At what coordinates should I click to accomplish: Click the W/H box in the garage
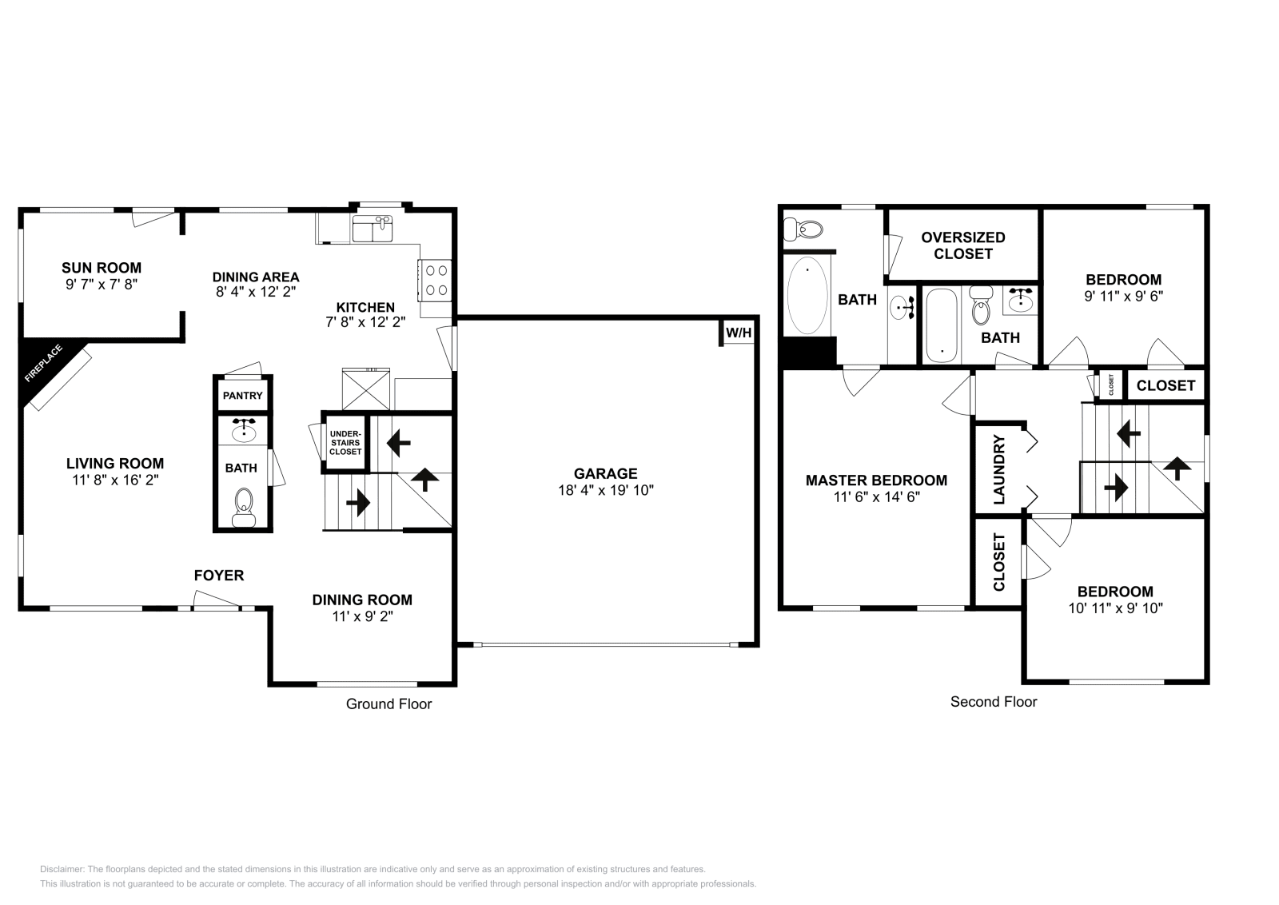point(738,333)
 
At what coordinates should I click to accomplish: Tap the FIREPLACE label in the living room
point(43,364)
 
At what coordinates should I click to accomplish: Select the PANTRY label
point(242,396)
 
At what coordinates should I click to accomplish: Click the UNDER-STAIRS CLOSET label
point(345,442)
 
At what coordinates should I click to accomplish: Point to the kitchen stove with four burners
point(436,280)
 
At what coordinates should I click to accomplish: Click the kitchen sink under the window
point(373,228)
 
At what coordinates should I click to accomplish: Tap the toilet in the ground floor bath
point(243,506)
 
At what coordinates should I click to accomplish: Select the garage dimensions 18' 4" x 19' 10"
point(605,491)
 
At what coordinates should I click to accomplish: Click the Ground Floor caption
point(388,704)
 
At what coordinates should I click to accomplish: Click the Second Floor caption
point(993,702)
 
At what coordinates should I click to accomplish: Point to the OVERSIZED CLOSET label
point(962,245)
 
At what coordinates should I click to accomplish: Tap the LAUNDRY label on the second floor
point(998,469)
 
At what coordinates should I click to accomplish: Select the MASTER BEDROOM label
point(876,480)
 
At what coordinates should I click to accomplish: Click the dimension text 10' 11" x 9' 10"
point(1114,608)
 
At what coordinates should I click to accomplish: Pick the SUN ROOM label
point(102,268)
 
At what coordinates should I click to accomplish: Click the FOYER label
point(219,576)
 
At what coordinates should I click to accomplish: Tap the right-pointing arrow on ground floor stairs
point(357,503)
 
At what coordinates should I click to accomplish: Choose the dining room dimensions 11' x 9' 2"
point(362,616)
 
